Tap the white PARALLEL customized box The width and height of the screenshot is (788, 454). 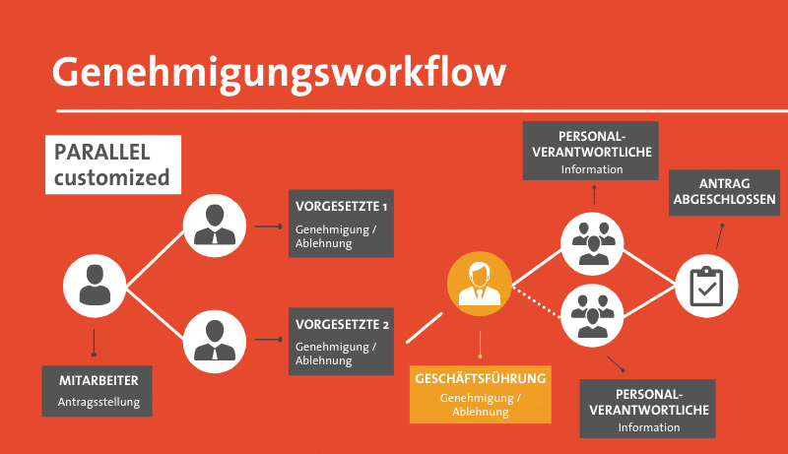pos(113,164)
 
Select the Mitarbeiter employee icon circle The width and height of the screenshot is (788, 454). pos(96,286)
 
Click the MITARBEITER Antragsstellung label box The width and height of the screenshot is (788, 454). pos(98,390)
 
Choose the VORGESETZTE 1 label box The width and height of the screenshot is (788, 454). pos(341,224)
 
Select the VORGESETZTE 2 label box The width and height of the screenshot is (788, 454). pos(341,342)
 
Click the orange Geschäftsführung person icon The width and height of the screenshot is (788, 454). pos(480,284)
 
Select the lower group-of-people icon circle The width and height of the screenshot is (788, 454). pos(593,316)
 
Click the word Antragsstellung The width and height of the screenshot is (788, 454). pos(98,402)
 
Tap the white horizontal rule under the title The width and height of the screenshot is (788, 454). pos(414,109)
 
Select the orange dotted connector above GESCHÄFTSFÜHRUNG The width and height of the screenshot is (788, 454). pos(480,344)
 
